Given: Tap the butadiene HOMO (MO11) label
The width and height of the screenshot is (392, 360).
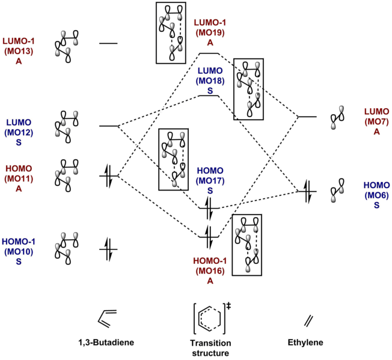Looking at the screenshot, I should pyautogui.click(x=20, y=178).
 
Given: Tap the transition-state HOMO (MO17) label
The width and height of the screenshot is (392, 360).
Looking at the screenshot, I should pyautogui.click(x=210, y=181).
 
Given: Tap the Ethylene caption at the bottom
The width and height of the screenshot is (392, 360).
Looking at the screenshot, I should pyautogui.click(x=306, y=343).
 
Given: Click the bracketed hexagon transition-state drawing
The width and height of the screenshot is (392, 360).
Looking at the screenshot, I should pyautogui.click(x=209, y=317).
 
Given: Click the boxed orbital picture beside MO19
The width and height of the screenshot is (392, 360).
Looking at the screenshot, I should pyautogui.click(x=173, y=32).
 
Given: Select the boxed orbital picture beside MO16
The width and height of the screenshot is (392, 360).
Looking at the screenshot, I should pyautogui.click(x=248, y=244).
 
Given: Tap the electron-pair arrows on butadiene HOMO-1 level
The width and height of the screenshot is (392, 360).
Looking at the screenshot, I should pyautogui.click(x=109, y=249).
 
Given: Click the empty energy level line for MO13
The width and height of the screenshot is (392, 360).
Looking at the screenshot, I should pyautogui.click(x=109, y=44).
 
